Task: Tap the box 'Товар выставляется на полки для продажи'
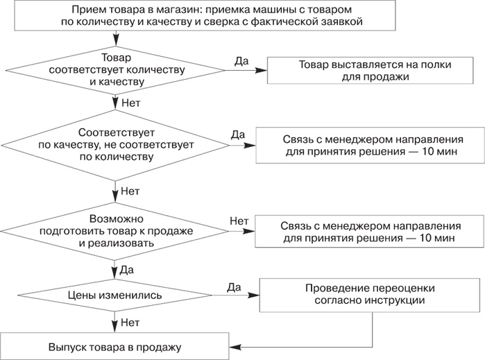click(x=375, y=70)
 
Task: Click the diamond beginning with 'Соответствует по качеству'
click(x=116, y=144)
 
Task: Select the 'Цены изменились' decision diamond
click(x=116, y=295)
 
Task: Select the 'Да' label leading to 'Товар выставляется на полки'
click(x=241, y=60)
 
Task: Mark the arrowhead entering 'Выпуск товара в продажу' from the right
click(x=235, y=346)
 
